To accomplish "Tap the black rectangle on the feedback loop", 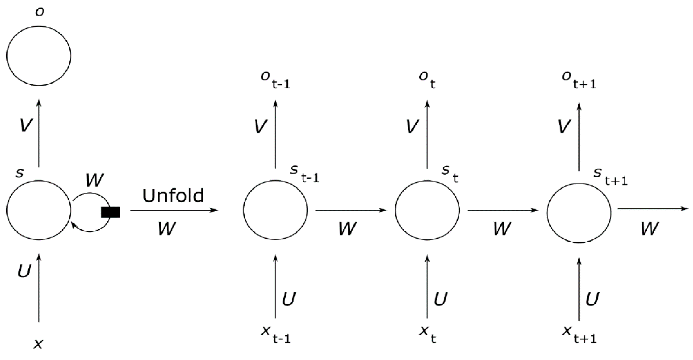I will pyautogui.click(x=110, y=212).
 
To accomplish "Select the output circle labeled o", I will pyautogui.click(x=39, y=56).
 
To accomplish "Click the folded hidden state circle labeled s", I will pyautogui.click(x=39, y=210).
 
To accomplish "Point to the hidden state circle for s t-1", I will pyautogui.click(x=275, y=210).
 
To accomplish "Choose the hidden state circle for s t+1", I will pyautogui.click(x=579, y=213).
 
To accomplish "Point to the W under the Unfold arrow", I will pyautogui.click(x=167, y=229).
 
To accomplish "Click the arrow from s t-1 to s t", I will pyautogui.click(x=351, y=210).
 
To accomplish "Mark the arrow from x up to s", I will pyautogui.click(x=39, y=288).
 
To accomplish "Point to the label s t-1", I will pyautogui.click(x=304, y=174).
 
